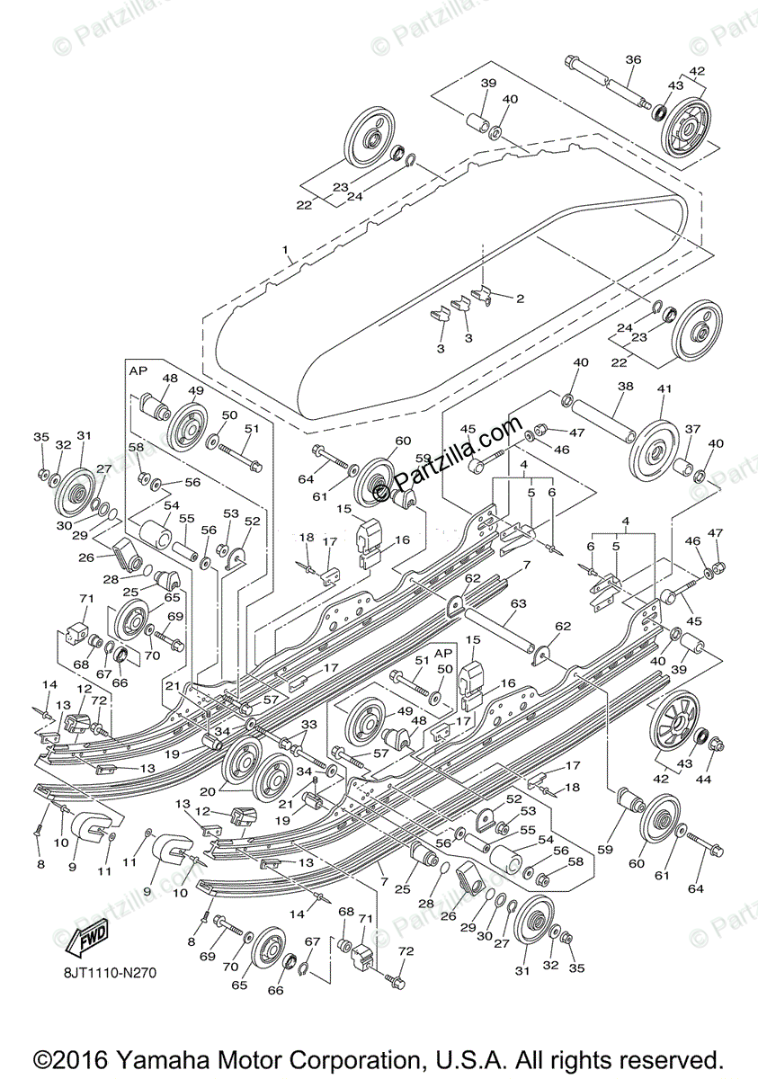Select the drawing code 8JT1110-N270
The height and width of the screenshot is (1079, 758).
[114, 971]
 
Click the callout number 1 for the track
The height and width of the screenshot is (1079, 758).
[285, 249]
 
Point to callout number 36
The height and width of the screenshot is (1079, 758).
[633, 59]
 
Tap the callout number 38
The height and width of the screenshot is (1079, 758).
[626, 387]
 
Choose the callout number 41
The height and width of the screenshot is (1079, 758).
[664, 388]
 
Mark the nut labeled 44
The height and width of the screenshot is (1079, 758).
[717, 745]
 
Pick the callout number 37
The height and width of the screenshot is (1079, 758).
[692, 429]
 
